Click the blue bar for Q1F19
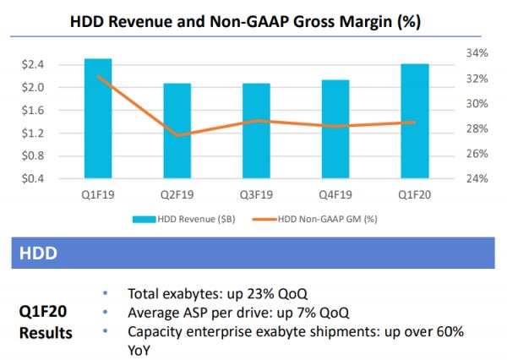click(99, 118)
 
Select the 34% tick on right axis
click(477, 53)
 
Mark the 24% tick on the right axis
click(477, 179)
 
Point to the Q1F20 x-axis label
click(414, 195)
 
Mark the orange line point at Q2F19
click(177, 135)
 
